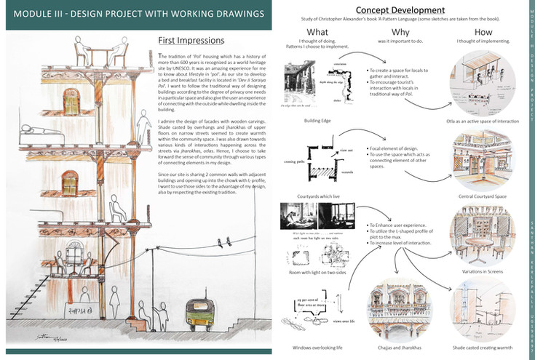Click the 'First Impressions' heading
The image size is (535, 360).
point(191,40)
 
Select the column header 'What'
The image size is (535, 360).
point(317,33)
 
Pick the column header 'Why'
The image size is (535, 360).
point(394,33)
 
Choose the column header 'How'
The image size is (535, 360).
point(483,33)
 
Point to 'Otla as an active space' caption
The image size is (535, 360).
point(483,121)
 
